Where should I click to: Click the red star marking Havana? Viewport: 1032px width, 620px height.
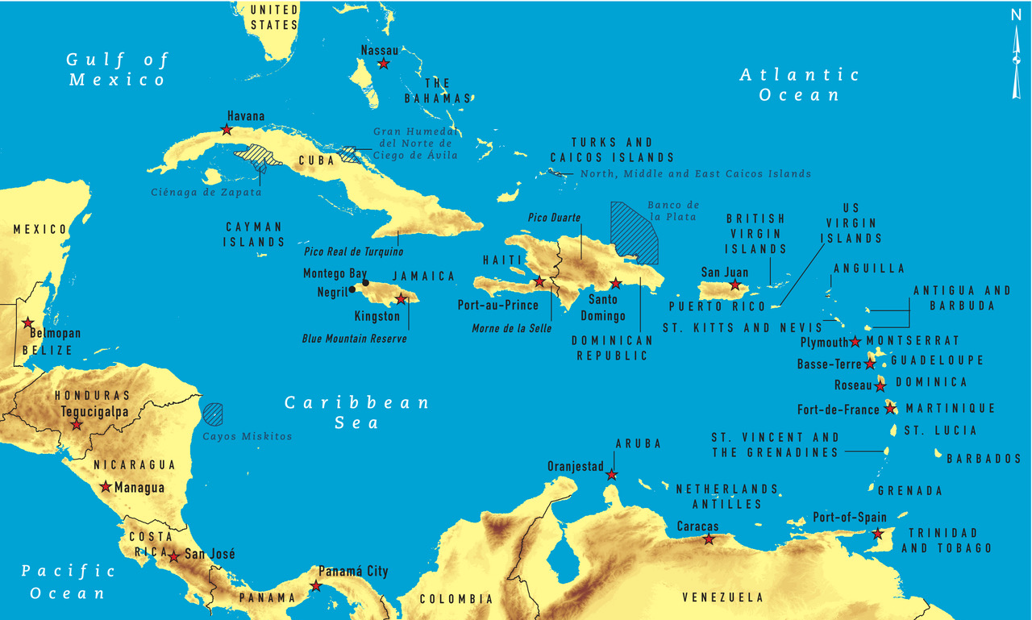(227, 130)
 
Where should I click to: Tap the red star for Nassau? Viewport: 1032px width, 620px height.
(384, 63)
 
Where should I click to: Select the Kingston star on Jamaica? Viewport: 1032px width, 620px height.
(401, 299)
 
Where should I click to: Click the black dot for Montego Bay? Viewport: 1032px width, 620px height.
(365, 282)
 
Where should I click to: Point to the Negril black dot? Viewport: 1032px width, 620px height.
(352, 290)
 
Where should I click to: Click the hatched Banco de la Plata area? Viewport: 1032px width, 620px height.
(634, 232)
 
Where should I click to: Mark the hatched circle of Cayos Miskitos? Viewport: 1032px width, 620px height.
(213, 414)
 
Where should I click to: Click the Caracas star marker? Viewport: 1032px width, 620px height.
(708, 539)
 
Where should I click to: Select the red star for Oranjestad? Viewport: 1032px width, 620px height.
(612, 475)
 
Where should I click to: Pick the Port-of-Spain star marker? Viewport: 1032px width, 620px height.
(877, 533)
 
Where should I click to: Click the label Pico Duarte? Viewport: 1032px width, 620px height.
(554, 218)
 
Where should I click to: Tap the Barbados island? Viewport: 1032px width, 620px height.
(938, 455)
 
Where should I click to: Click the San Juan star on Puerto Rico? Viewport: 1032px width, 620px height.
(734, 285)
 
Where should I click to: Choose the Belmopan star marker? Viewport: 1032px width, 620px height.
(28, 322)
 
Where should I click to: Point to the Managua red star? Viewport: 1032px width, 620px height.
(106, 487)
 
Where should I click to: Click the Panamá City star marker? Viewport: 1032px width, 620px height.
(316, 586)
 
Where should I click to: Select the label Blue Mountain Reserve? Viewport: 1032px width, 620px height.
(354, 339)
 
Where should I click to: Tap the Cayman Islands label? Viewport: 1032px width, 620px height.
(254, 234)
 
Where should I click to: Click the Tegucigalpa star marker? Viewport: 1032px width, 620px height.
(77, 424)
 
